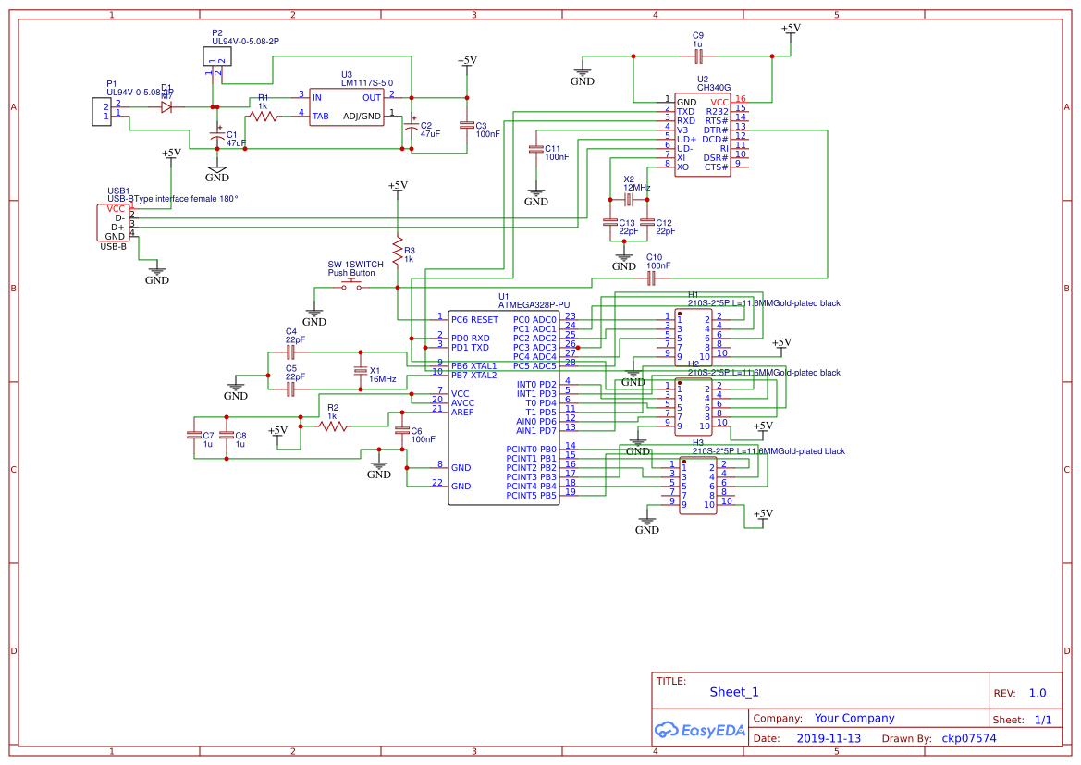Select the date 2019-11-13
tap(828, 738)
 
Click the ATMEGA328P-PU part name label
tap(534, 304)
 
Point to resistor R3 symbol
tap(398, 251)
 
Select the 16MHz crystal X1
tap(361, 371)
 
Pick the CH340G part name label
tap(714, 88)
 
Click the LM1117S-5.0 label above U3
tap(366, 83)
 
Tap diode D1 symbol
tap(166, 106)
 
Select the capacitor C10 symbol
tap(651, 277)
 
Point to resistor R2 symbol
tap(334, 426)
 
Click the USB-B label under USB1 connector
tap(114, 247)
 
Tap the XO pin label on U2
tap(682, 167)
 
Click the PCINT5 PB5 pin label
tap(532, 496)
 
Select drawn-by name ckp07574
tap(969, 738)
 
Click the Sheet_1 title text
tap(734, 692)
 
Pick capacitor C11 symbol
tap(535, 149)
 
